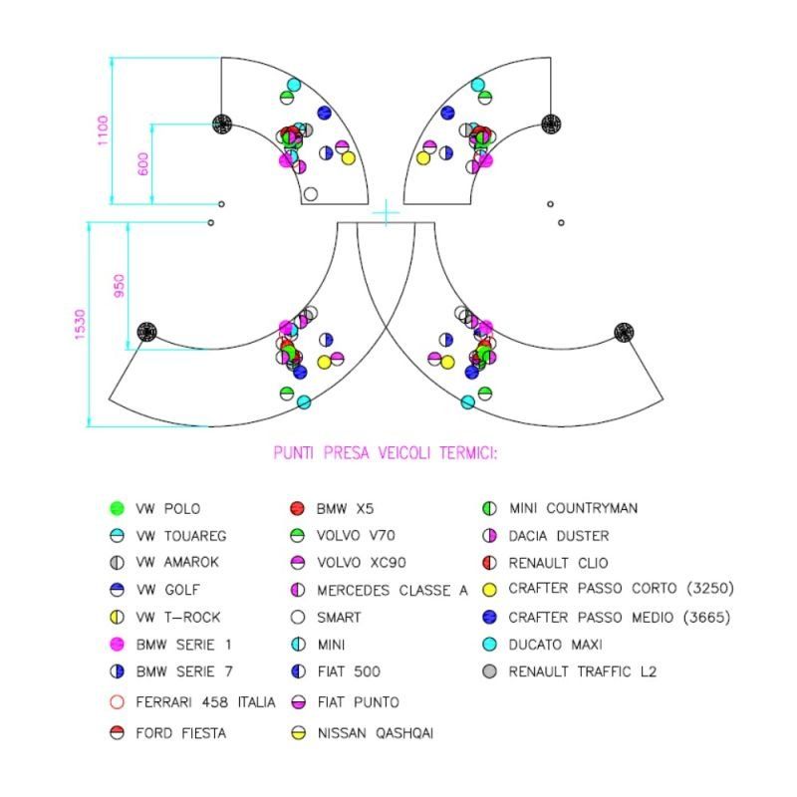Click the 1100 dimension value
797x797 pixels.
click(x=103, y=131)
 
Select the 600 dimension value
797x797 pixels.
click(x=143, y=163)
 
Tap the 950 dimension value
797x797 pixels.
click(x=119, y=286)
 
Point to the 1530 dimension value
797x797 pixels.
click(x=81, y=325)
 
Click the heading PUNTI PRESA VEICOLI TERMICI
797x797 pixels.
click(x=386, y=453)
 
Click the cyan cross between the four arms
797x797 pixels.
click(x=387, y=212)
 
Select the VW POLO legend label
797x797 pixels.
click(x=167, y=509)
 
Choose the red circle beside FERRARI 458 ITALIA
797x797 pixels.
click(x=117, y=702)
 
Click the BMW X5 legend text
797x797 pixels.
click(x=345, y=509)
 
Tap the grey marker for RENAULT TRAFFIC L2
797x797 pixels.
click(x=489, y=671)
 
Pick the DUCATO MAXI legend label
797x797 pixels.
click(x=556, y=645)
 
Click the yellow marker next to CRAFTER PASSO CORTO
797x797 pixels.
click(x=489, y=590)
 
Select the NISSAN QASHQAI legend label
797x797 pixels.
click(x=376, y=733)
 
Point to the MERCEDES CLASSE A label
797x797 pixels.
click(x=393, y=590)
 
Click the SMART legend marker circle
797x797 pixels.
click(x=298, y=617)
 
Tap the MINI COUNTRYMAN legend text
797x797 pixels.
click(x=574, y=508)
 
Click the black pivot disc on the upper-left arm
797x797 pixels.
click(x=222, y=124)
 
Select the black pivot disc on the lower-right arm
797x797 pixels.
click(x=624, y=332)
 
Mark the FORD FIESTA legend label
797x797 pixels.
click(x=181, y=733)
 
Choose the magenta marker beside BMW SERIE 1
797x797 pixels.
click(x=117, y=645)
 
